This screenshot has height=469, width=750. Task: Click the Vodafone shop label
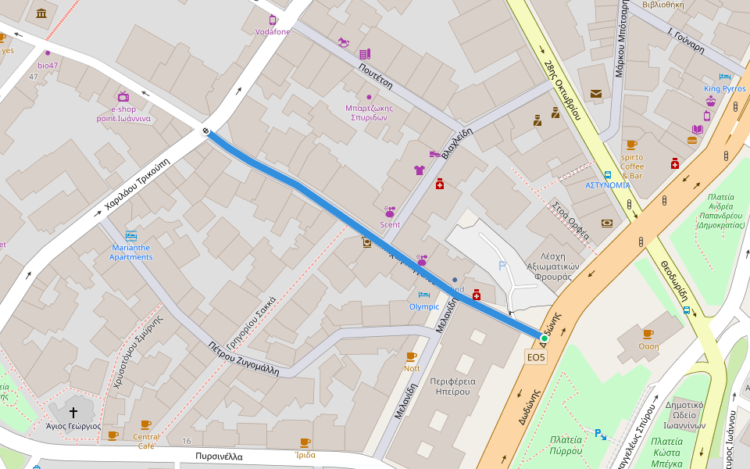click(272, 32)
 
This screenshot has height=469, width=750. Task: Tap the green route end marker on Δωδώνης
click(545, 338)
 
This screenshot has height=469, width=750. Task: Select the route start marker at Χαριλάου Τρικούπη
click(205, 131)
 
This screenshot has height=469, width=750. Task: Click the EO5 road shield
click(536, 357)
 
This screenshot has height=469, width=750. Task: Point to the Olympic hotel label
click(424, 306)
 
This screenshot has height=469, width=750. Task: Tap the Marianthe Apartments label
click(130, 252)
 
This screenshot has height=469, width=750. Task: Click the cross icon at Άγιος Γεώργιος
click(73, 412)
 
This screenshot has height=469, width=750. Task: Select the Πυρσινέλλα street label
click(220, 456)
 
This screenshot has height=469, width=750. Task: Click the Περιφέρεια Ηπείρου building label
click(450, 386)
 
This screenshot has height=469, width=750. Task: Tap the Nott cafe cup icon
click(412, 356)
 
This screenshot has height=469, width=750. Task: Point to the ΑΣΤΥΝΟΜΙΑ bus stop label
click(608, 185)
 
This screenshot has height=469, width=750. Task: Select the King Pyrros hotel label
click(724, 89)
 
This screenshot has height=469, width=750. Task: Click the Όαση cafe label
click(648, 346)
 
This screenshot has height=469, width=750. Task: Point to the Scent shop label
click(390, 225)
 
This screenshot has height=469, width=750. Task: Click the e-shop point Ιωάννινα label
click(123, 114)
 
